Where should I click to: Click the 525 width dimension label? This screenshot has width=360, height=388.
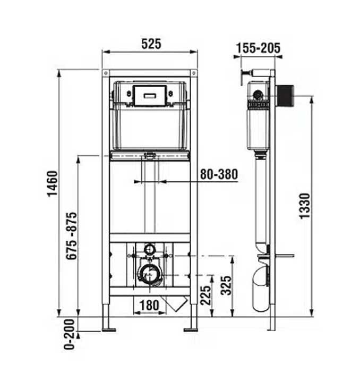151,44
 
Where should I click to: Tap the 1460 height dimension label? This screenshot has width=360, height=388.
53,183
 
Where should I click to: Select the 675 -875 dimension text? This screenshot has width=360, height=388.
72,235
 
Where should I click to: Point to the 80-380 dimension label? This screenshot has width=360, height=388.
219,174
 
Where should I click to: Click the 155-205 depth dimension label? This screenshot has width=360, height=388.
258,48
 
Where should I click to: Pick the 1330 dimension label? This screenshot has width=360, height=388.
305,206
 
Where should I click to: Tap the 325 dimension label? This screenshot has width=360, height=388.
226,285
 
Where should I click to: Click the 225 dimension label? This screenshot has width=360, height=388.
205,295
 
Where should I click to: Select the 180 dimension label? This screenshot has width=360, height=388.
149,305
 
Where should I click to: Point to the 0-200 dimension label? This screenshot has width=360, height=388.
69,334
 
